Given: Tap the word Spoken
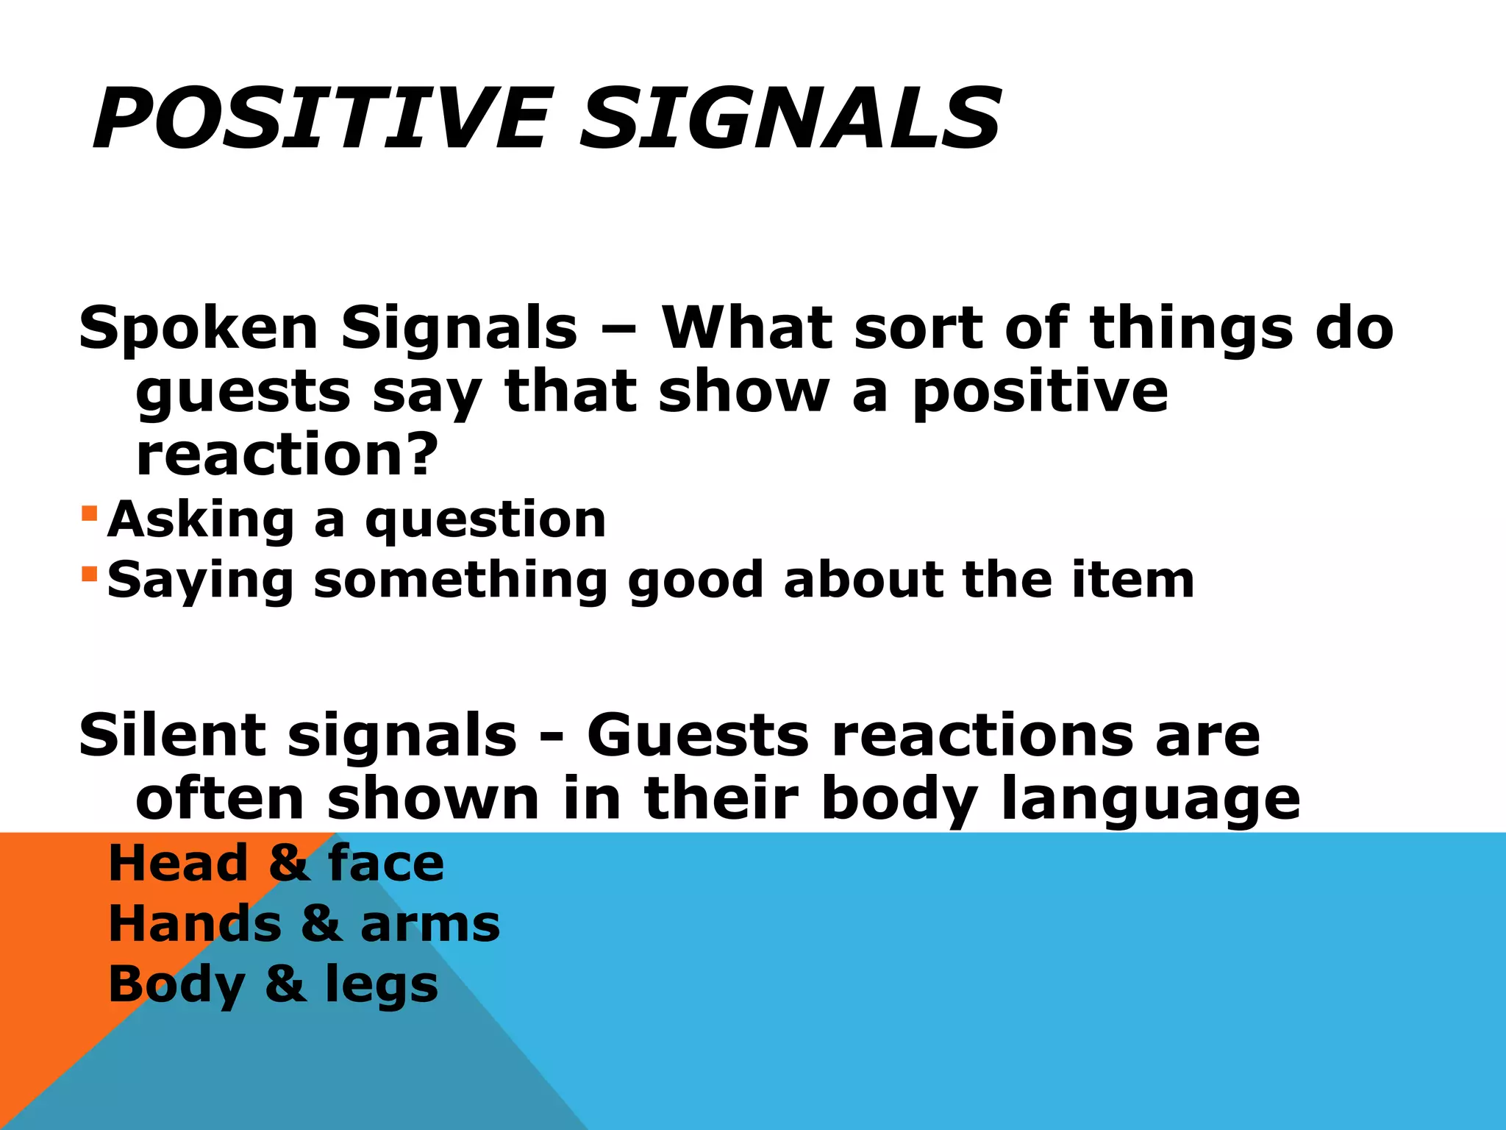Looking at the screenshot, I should [x=199, y=329].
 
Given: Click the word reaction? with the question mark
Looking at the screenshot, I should [x=287, y=454].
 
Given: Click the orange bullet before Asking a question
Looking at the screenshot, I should [x=89, y=512].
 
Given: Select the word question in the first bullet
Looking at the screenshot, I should [x=485, y=522].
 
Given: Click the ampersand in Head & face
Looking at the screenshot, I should [x=288, y=864].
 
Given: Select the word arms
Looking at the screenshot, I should [x=430, y=924].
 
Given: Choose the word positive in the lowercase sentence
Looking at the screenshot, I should [x=1040, y=392].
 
